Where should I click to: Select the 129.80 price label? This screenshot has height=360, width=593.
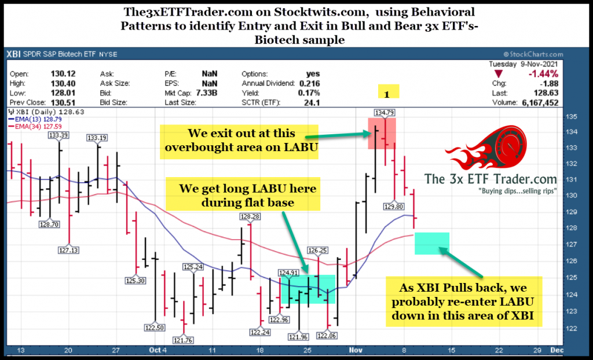click(396, 205)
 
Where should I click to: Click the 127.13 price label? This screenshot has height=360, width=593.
click(69, 250)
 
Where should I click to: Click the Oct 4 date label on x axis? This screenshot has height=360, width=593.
click(156, 350)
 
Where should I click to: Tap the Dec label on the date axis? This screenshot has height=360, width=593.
click(555, 350)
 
